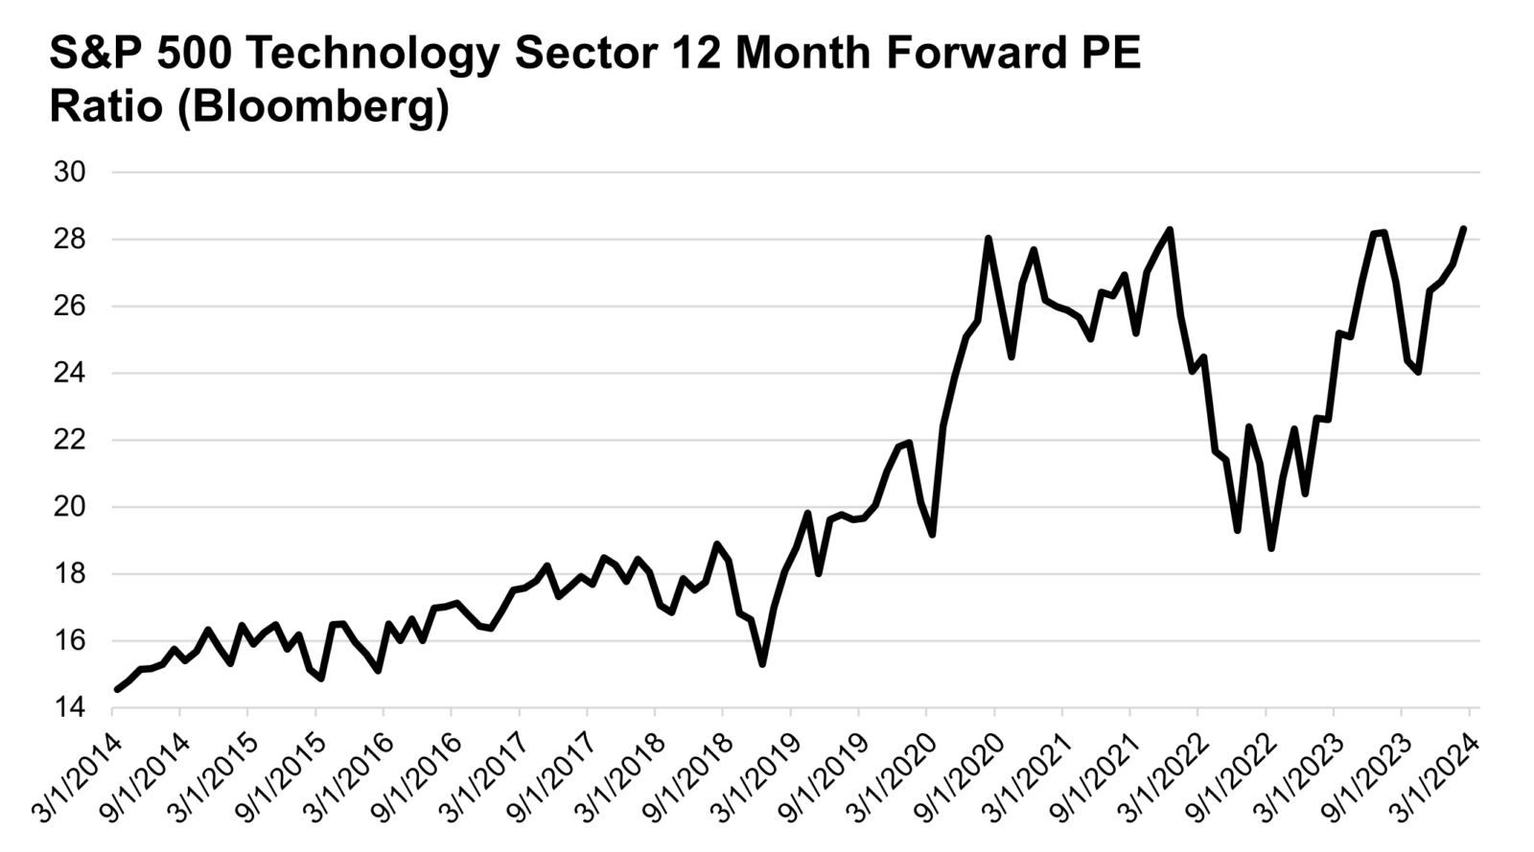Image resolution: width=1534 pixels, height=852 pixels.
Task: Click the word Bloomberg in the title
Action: (x=315, y=107)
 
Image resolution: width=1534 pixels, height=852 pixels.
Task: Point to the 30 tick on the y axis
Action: (x=71, y=173)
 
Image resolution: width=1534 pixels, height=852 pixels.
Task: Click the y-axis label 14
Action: (x=71, y=708)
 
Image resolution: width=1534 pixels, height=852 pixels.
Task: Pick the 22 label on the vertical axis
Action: (x=71, y=440)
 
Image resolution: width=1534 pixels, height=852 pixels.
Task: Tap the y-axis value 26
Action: (x=71, y=307)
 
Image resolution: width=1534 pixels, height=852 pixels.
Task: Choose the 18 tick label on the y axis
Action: (x=71, y=574)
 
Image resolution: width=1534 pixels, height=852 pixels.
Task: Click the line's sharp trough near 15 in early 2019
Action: (x=762, y=664)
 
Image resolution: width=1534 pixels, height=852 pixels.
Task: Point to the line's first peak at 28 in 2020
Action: (x=988, y=239)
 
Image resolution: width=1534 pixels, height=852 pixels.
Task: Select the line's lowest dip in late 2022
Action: (x=1271, y=548)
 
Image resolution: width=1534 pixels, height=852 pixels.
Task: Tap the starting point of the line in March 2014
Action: (x=117, y=689)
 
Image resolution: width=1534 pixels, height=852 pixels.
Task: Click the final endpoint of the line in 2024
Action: (x=1464, y=228)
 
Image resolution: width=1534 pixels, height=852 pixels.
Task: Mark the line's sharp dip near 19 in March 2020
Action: (x=932, y=535)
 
